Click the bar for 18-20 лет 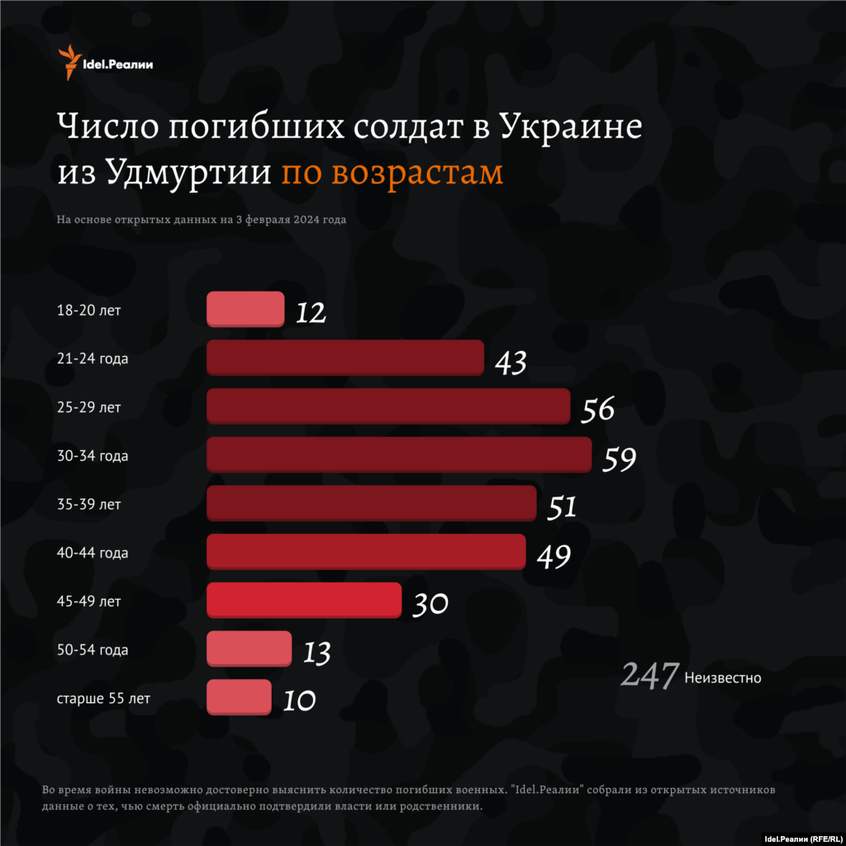pos(245,309)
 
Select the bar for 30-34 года pos(399,454)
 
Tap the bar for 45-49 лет pos(304,600)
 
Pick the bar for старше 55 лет pos(239,696)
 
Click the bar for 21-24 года pos(345,358)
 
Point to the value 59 pos(619,459)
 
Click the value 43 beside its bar pos(511,362)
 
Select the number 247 pos(649,676)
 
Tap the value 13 pos(316,653)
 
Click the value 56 pos(598,410)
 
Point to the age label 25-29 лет pos(89,407)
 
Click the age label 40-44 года pos(93,553)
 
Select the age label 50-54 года pos(93,650)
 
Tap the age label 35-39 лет pos(89,504)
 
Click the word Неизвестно pos(723,678)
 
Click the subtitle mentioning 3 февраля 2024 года pos(201,221)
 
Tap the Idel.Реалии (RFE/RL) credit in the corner pos(801,837)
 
